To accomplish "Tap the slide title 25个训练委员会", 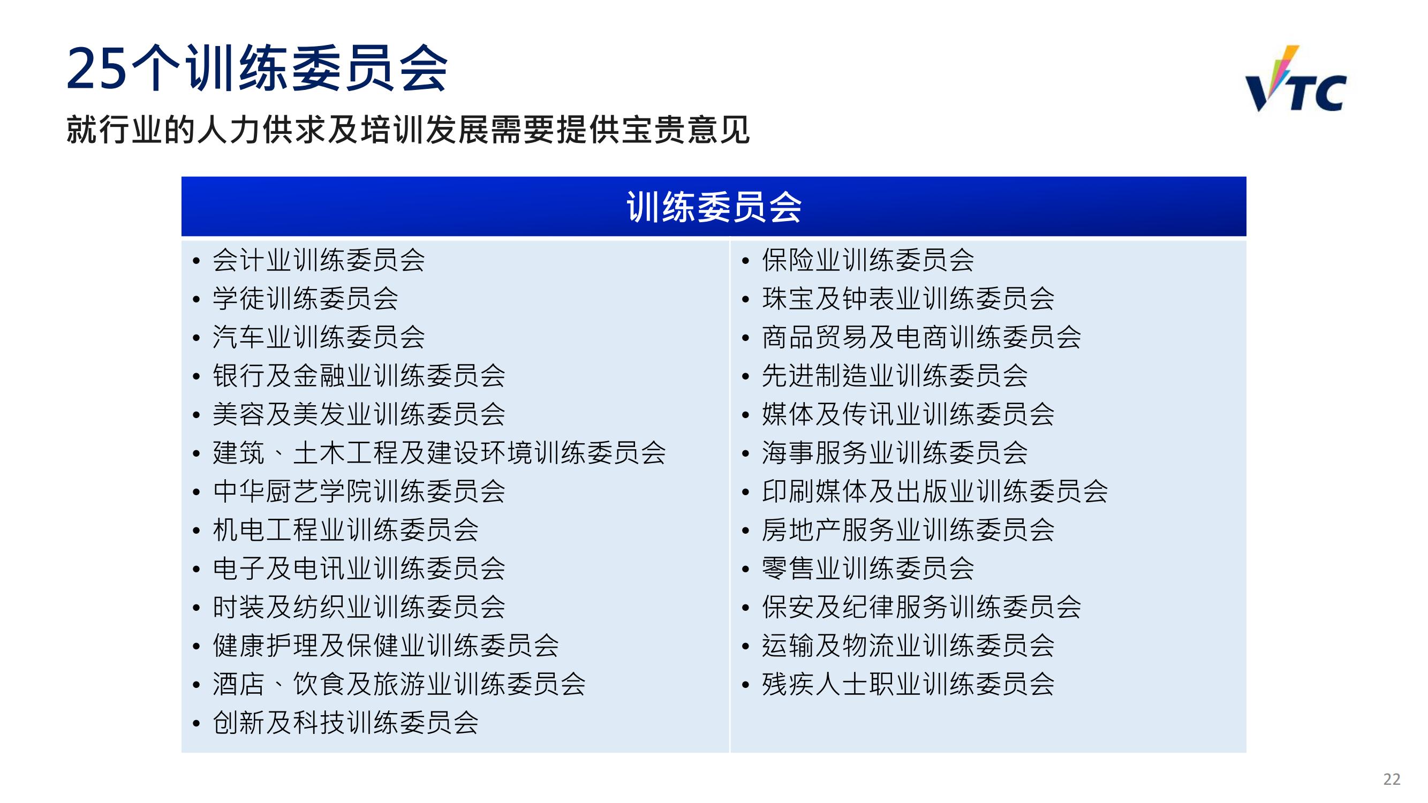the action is [x=258, y=69].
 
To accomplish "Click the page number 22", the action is [x=1392, y=779].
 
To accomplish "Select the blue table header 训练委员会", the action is [x=714, y=207].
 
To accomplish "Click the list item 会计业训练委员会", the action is [x=319, y=260].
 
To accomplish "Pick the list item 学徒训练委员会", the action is [x=305, y=298].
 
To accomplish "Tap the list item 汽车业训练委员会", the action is [x=319, y=337].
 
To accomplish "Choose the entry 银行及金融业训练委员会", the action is [x=359, y=375].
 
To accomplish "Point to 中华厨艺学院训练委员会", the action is [x=359, y=491].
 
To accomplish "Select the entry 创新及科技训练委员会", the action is [x=346, y=722].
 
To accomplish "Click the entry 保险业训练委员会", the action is [x=868, y=260].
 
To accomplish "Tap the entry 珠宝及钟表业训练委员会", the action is [x=908, y=298].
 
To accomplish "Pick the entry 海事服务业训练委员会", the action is [x=895, y=452].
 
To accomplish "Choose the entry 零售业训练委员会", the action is [x=868, y=568].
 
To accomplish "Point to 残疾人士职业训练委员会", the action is [x=908, y=683].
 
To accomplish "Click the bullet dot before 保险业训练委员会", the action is [x=746, y=261].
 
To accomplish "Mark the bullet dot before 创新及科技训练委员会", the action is [x=197, y=723].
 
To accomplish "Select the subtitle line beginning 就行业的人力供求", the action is [x=408, y=130].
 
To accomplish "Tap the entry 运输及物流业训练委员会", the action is [x=908, y=645].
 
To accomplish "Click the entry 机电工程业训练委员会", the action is [x=346, y=529].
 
